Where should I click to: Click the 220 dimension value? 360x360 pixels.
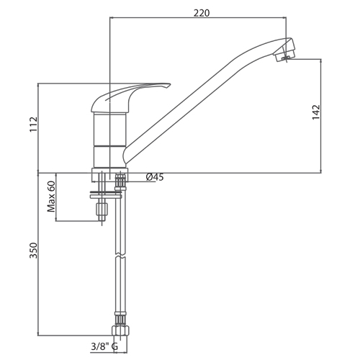click(202, 13)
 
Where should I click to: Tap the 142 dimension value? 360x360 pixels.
click(316, 112)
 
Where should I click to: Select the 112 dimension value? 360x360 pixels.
click(33, 124)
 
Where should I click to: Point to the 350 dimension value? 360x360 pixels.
click(33, 251)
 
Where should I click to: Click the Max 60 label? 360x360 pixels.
click(51, 197)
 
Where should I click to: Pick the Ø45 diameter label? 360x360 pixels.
click(155, 177)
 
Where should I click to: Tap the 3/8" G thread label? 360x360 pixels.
click(104, 347)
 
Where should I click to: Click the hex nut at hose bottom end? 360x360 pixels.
click(120, 330)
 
